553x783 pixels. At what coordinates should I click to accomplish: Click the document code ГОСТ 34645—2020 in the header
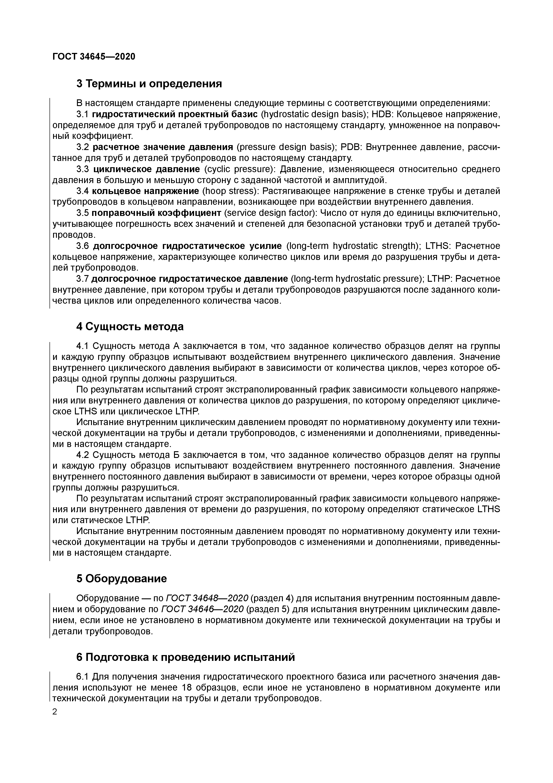(94, 56)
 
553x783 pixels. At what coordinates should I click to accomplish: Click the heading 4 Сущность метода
(130, 326)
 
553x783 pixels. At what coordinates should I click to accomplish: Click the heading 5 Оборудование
(122, 578)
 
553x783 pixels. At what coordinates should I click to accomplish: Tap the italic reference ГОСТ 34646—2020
(202, 609)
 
